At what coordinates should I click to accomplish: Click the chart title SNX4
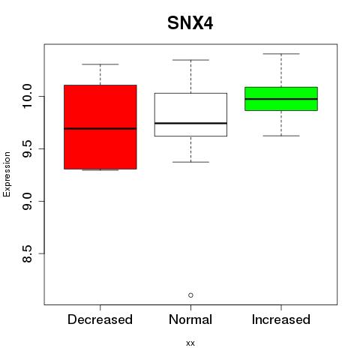[190, 23]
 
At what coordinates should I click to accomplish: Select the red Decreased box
[100, 127]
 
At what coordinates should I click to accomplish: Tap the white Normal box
[190, 115]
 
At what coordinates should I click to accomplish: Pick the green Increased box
[281, 99]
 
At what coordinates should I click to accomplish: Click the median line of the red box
[100, 129]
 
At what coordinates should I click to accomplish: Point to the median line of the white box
[190, 123]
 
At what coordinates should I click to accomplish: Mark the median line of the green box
[281, 99]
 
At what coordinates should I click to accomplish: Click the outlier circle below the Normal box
[190, 295]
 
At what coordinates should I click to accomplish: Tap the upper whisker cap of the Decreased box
[100, 64]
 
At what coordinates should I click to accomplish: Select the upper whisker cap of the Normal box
[190, 60]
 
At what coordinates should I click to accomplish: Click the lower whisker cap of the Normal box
[190, 162]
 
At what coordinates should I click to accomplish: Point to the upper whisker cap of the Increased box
[281, 54]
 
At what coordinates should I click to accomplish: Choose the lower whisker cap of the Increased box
[281, 136]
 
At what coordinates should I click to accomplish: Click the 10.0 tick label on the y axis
[27, 96]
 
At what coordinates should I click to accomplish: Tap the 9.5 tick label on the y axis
[27, 148]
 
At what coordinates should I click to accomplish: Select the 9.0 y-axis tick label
[27, 201]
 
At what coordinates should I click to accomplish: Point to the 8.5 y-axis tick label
[27, 253]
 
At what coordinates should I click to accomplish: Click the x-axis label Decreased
[100, 319]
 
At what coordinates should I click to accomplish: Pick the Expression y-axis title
[7, 174]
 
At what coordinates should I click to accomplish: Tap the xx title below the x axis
[190, 343]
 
